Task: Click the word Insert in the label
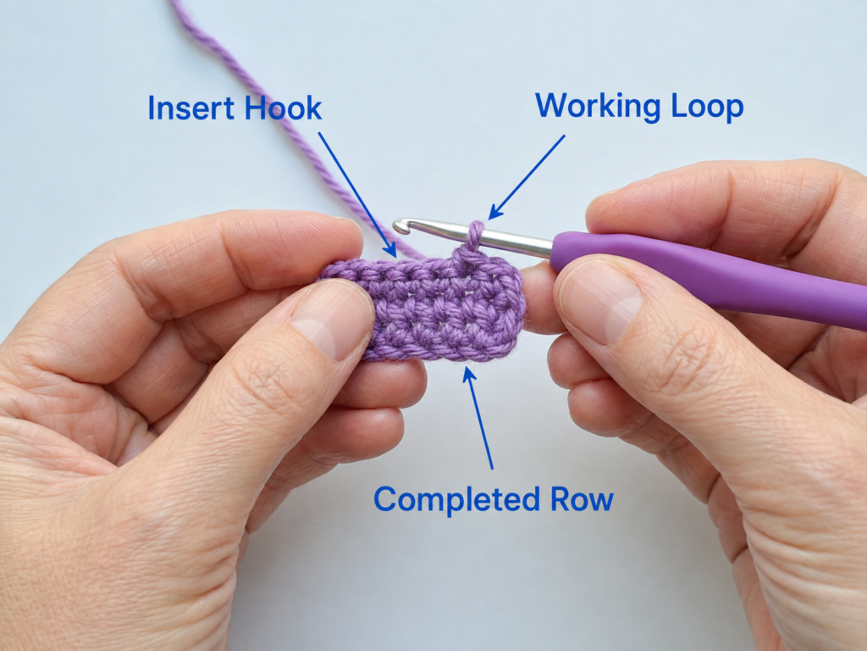coord(192,108)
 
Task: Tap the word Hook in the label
coord(283,108)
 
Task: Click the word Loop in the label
coord(707,106)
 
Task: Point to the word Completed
coord(456,499)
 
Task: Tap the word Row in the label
coord(582,499)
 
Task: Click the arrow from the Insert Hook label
coord(358,195)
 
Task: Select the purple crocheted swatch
coord(422,309)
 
